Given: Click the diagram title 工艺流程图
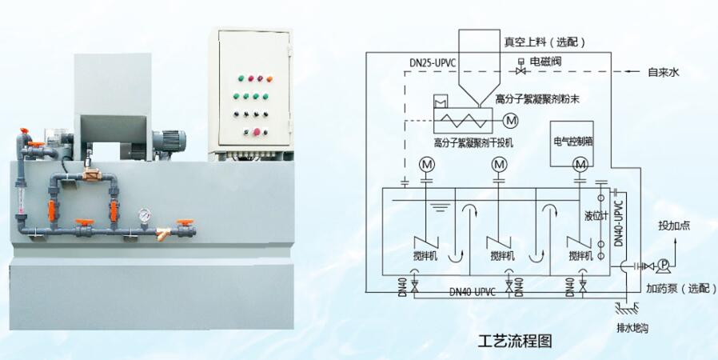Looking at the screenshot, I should [516, 339].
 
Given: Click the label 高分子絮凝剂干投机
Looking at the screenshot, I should [473, 143].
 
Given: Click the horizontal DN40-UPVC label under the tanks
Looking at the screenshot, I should [473, 292].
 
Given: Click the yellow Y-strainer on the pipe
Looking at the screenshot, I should [165, 235].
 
